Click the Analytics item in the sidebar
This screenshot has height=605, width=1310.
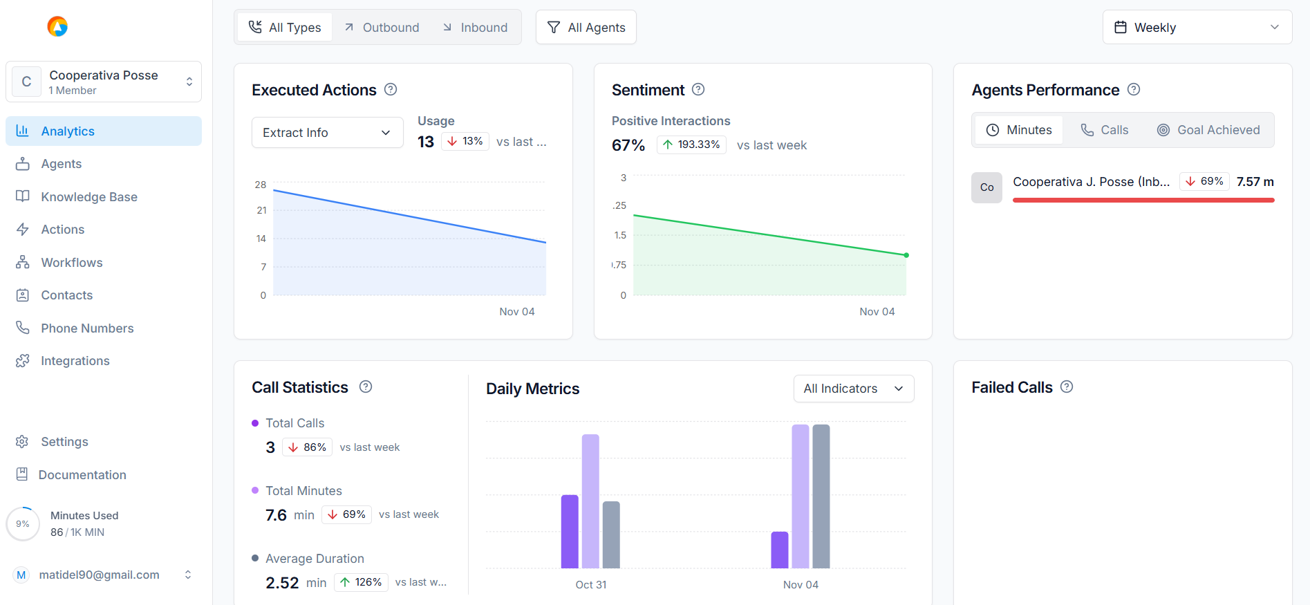(x=68, y=131)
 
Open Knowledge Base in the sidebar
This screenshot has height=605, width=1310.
(x=88, y=197)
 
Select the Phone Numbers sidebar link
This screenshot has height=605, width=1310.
(x=87, y=328)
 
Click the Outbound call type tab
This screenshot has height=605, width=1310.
(x=382, y=28)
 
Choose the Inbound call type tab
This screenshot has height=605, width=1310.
(x=476, y=28)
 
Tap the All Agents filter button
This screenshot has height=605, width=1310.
(x=586, y=28)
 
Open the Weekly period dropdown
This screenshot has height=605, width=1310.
(x=1197, y=28)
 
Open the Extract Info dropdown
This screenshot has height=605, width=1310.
(x=327, y=133)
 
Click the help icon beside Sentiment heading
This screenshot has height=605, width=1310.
(x=698, y=89)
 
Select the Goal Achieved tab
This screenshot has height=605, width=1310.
(x=1208, y=130)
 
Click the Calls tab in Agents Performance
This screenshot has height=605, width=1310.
(x=1105, y=130)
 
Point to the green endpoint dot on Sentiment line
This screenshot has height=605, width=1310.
(x=906, y=255)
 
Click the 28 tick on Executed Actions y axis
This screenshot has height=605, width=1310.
(x=261, y=185)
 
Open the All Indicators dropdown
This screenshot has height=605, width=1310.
(x=854, y=389)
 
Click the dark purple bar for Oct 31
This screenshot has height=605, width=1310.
(x=570, y=531)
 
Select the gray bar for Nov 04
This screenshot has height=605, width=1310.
(x=821, y=496)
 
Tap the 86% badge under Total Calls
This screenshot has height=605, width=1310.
(x=307, y=447)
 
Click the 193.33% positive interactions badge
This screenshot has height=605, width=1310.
(x=691, y=145)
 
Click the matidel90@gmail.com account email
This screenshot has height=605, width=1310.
(x=99, y=575)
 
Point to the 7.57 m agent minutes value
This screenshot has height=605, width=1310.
(x=1255, y=182)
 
